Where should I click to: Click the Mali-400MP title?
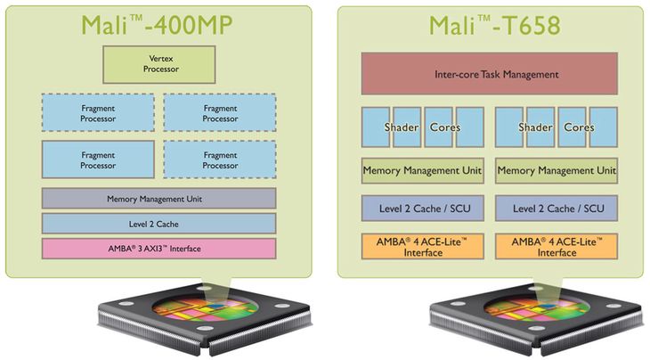point(158,24)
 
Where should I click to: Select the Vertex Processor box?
point(160,62)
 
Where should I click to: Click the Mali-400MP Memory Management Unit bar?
point(159,198)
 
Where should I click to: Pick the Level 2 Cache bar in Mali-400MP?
point(159,223)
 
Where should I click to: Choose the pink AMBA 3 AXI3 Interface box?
point(159,248)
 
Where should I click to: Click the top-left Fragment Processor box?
point(98,112)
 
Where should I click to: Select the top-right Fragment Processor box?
point(219,112)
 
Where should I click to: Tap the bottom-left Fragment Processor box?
point(98,159)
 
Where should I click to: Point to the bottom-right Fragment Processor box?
point(219,159)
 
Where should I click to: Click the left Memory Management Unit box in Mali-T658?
point(422,169)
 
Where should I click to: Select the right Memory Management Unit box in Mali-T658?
point(556,169)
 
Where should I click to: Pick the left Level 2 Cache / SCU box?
point(422,209)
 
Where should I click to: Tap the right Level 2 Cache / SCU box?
point(556,209)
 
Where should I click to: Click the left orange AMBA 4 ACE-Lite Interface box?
point(422,247)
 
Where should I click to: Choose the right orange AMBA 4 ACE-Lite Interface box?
point(556,247)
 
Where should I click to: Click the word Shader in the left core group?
point(402,127)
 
